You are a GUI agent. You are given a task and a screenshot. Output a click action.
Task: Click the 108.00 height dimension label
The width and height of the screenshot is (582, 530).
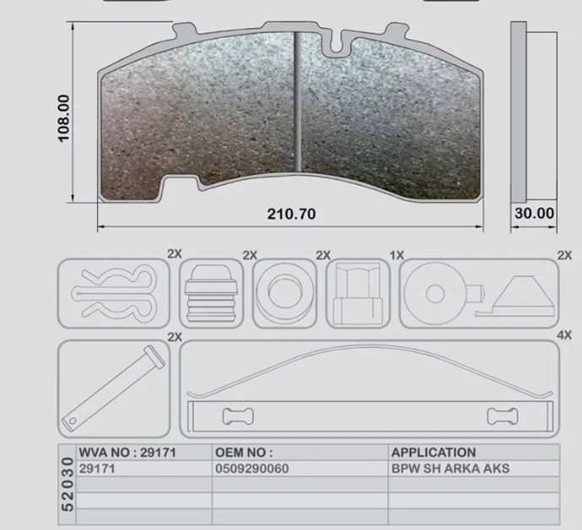(64, 118)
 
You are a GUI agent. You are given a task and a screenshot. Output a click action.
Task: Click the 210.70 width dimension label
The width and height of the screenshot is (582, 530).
(291, 214)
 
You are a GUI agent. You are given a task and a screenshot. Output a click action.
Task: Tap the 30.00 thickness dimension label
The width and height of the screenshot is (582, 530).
(535, 213)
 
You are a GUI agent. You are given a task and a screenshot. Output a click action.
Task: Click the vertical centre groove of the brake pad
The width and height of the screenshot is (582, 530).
(297, 101)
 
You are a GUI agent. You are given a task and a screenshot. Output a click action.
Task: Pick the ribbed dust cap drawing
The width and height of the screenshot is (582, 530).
(211, 293)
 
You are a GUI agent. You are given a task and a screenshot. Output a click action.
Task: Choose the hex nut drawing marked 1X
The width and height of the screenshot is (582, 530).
(357, 293)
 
